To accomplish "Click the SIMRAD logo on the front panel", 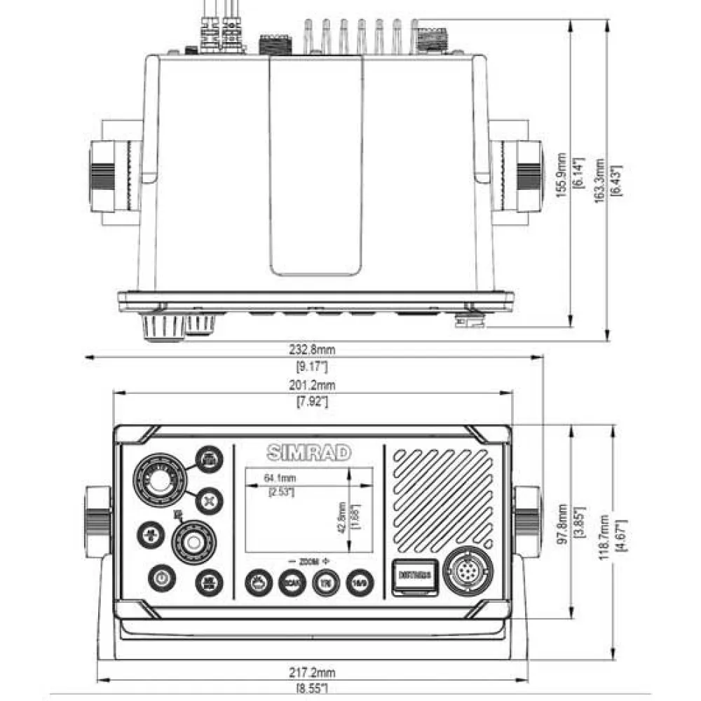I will tap(308, 453).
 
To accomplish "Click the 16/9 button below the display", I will tap(360, 581).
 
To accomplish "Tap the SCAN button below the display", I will tap(291, 581).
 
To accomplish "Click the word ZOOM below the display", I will tap(308, 562).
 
